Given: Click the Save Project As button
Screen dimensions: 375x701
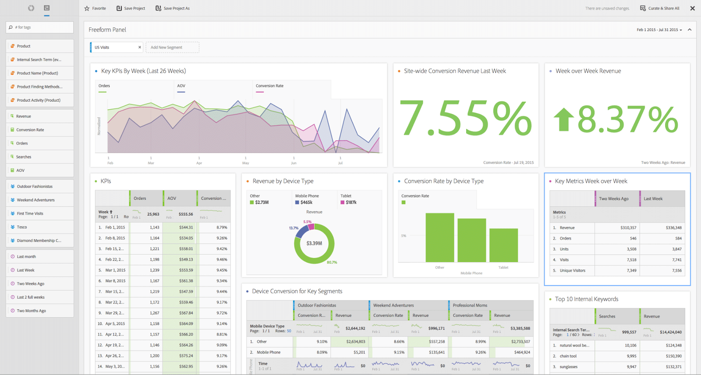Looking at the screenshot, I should (x=173, y=8).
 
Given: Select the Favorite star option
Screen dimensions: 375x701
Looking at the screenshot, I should (x=95, y=8).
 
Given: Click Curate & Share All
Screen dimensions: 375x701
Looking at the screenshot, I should (x=660, y=8).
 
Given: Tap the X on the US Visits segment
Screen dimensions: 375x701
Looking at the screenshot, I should (x=140, y=47).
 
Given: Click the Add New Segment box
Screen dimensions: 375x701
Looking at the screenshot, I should (x=172, y=47).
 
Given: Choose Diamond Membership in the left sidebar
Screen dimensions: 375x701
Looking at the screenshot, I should (x=39, y=241).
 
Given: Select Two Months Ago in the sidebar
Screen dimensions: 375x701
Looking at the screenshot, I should (x=31, y=311).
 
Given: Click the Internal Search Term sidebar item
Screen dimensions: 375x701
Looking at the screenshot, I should (x=39, y=60).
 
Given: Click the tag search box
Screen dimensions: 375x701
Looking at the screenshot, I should (x=39, y=27).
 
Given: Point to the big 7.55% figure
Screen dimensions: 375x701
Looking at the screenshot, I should (x=465, y=118).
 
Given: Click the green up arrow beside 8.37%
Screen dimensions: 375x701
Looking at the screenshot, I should (x=563, y=120).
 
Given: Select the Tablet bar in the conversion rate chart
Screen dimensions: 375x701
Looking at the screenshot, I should (x=503, y=245).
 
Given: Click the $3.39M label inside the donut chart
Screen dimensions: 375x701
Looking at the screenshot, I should (x=314, y=243).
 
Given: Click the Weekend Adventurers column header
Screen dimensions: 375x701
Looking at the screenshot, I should (x=393, y=305).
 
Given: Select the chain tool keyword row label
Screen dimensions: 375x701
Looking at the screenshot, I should (x=568, y=356).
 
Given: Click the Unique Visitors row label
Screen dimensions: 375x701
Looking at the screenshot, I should (x=572, y=270).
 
